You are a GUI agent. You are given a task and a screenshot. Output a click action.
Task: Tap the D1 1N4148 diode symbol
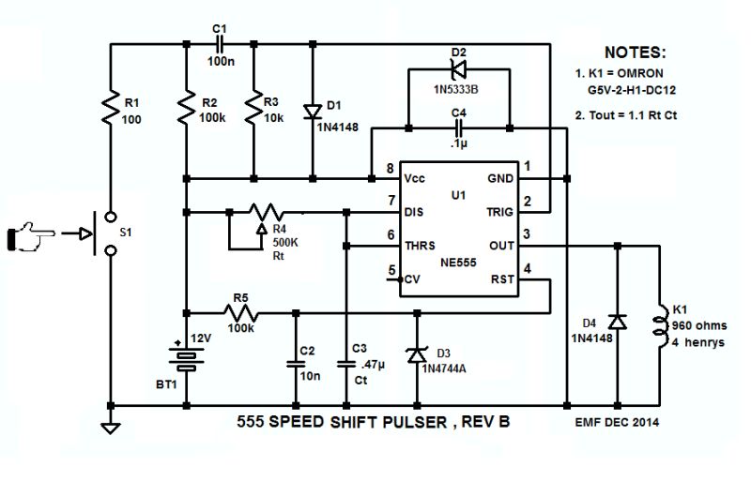310,111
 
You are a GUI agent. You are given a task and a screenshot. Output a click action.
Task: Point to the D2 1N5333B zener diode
457,68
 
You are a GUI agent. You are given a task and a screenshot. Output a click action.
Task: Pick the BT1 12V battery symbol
187,357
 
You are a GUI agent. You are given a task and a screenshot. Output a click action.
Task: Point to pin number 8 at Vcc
388,169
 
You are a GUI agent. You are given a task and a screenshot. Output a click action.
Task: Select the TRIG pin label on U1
499,212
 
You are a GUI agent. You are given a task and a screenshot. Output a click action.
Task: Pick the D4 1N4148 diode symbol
615,322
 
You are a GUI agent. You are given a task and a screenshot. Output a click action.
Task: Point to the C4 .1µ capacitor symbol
457,127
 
